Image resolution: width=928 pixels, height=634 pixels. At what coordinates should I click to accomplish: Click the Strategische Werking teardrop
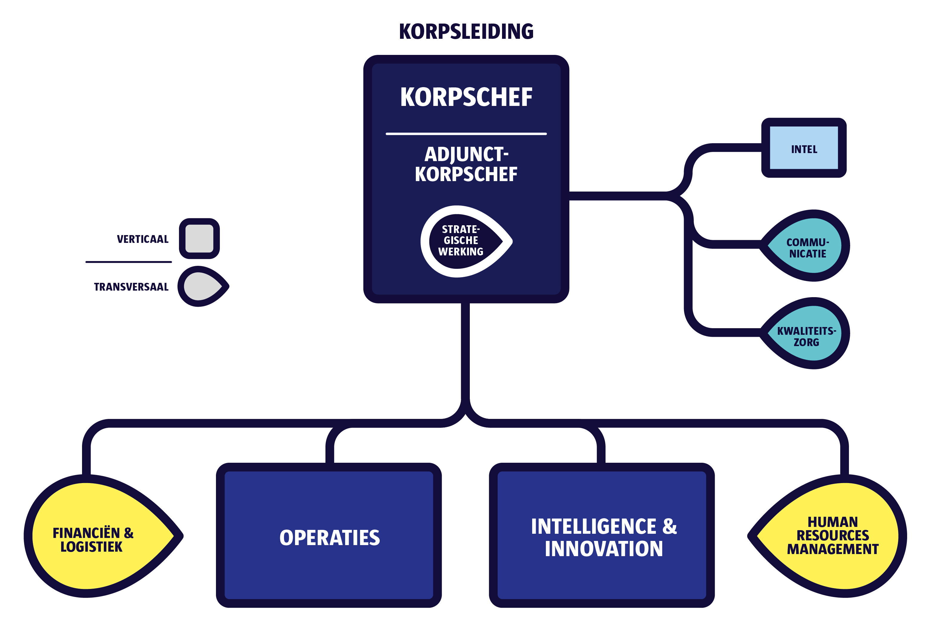(x=463, y=241)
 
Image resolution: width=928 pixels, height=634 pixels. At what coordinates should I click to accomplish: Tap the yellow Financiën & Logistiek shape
(x=96, y=536)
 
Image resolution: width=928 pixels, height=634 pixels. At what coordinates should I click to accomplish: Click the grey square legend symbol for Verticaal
(x=199, y=238)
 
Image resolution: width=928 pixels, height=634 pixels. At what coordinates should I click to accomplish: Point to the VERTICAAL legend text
(x=143, y=239)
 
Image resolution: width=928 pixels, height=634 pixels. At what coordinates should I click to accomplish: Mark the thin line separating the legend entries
(x=129, y=262)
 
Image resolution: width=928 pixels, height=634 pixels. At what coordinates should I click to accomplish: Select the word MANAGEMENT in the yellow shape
(x=833, y=549)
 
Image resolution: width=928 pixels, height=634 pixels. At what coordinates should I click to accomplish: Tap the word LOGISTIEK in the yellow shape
(x=92, y=547)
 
